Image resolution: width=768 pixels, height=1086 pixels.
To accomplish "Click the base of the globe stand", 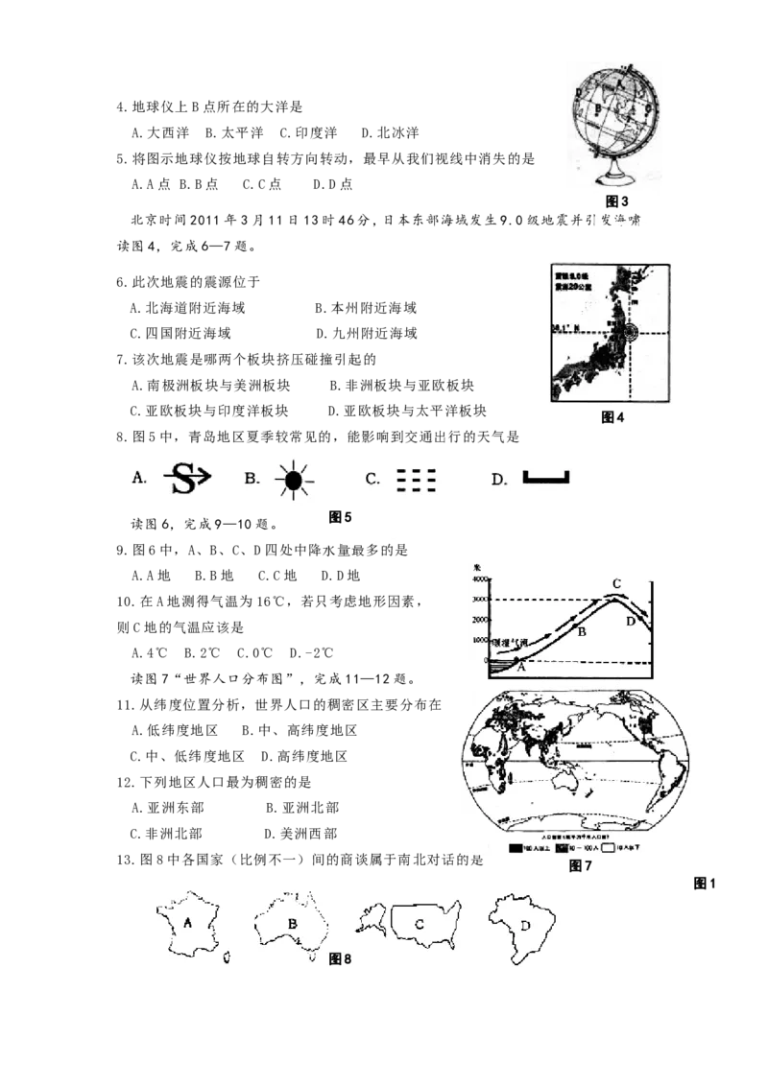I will click(x=614, y=179).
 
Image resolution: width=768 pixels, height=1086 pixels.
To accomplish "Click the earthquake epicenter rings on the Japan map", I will click(x=630, y=332).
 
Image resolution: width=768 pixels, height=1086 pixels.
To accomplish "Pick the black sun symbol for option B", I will click(x=294, y=478).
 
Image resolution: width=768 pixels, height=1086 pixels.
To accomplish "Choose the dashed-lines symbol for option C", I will click(x=417, y=479).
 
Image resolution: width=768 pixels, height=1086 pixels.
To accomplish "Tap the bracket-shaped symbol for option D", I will click(x=546, y=478).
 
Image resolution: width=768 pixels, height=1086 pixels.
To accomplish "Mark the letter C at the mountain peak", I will click(x=617, y=583).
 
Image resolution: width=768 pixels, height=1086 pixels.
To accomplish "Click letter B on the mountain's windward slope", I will click(x=579, y=630).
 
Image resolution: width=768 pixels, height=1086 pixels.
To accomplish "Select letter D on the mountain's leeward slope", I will click(x=631, y=622).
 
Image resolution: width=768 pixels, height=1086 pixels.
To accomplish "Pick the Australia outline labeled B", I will click(x=291, y=924).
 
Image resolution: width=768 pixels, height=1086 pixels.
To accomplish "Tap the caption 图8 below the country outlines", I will click(x=341, y=957).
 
